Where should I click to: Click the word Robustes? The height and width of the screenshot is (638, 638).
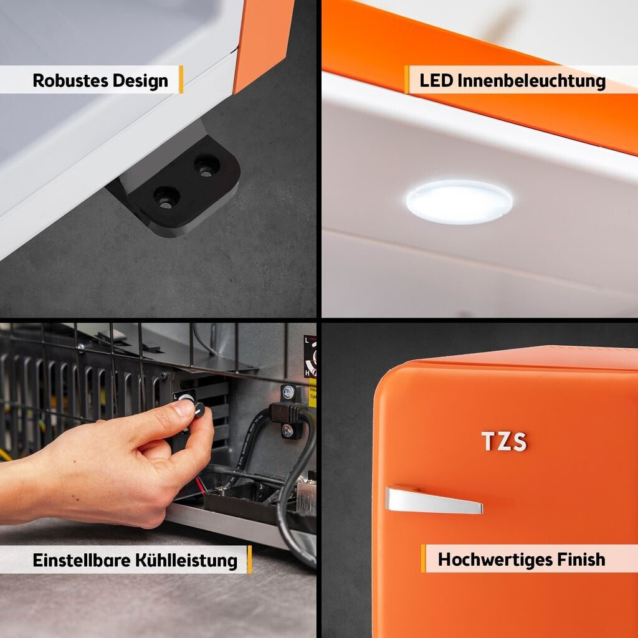70,80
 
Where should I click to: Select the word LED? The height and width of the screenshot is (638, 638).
436,80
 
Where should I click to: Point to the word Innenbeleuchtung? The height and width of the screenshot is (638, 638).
532,81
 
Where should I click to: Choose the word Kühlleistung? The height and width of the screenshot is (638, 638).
186,561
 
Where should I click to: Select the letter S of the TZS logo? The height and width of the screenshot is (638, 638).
520,442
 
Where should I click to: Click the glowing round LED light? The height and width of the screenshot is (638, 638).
459,202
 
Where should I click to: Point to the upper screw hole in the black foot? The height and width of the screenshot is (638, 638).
206,166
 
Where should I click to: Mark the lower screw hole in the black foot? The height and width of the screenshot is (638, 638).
166,198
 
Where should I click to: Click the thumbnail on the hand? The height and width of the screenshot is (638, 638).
184,407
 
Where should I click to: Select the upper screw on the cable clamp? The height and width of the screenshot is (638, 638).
288,393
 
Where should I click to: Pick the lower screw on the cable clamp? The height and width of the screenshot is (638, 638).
288,430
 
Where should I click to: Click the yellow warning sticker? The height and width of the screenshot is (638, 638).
313,393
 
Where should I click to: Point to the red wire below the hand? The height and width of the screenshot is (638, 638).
200,486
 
